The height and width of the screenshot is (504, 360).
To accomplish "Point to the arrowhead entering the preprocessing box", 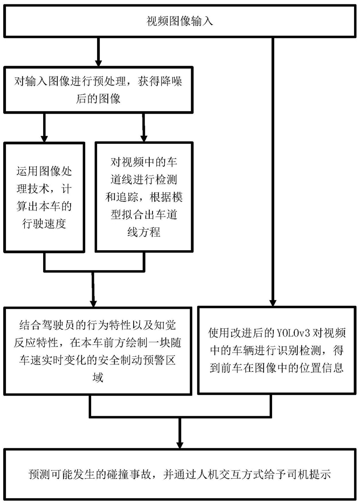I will pyautogui.click(x=98, y=61).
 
